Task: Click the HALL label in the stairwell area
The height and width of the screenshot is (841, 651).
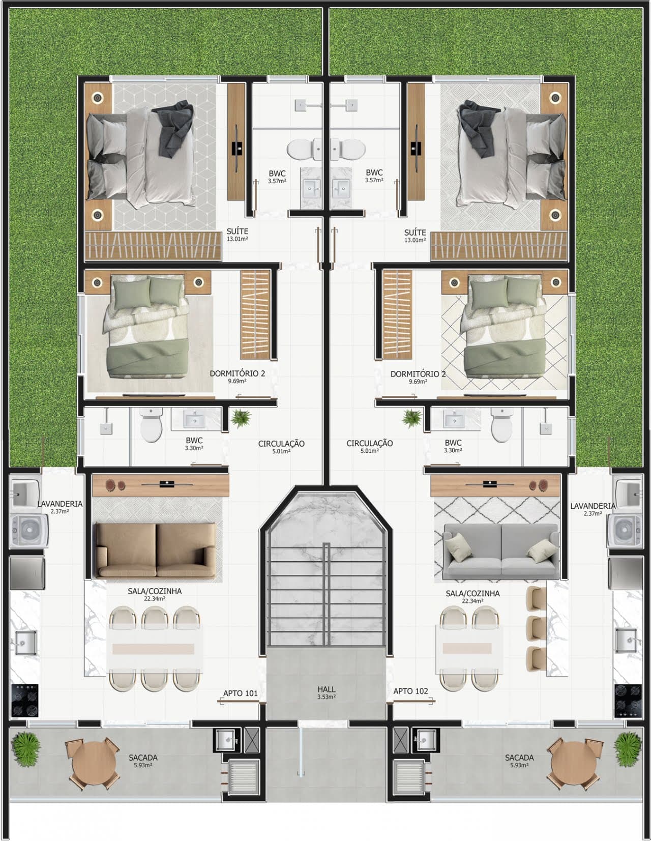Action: (x=326, y=690)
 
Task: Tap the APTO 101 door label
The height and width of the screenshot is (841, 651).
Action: (x=240, y=693)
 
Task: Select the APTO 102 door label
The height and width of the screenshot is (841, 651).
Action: (x=410, y=691)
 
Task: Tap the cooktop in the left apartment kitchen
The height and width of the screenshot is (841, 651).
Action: (x=24, y=700)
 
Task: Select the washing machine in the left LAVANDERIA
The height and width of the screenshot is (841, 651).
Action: (x=28, y=531)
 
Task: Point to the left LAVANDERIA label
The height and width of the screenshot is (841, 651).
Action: (x=60, y=504)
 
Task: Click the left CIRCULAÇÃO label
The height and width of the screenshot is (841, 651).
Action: (x=281, y=444)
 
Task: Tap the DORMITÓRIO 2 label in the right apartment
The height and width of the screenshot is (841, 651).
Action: (x=418, y=374)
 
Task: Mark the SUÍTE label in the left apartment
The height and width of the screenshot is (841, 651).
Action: (x=238, y=231)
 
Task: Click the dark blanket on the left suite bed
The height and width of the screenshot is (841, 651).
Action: (x=176, y=127)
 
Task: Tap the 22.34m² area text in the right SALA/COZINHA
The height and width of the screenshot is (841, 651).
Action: (x=472, y=601)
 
